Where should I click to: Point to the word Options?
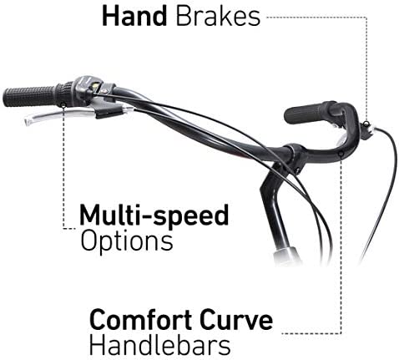pos(127,241)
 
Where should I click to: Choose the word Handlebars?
pos(160,345)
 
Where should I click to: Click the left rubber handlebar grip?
pos(30,96)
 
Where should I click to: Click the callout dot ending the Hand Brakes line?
pos(366,123)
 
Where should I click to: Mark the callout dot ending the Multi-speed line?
pos(63,105)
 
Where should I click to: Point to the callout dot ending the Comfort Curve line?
pos(341,154)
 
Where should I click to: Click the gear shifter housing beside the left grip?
pos(86,89)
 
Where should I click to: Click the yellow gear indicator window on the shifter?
pos(96,85)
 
